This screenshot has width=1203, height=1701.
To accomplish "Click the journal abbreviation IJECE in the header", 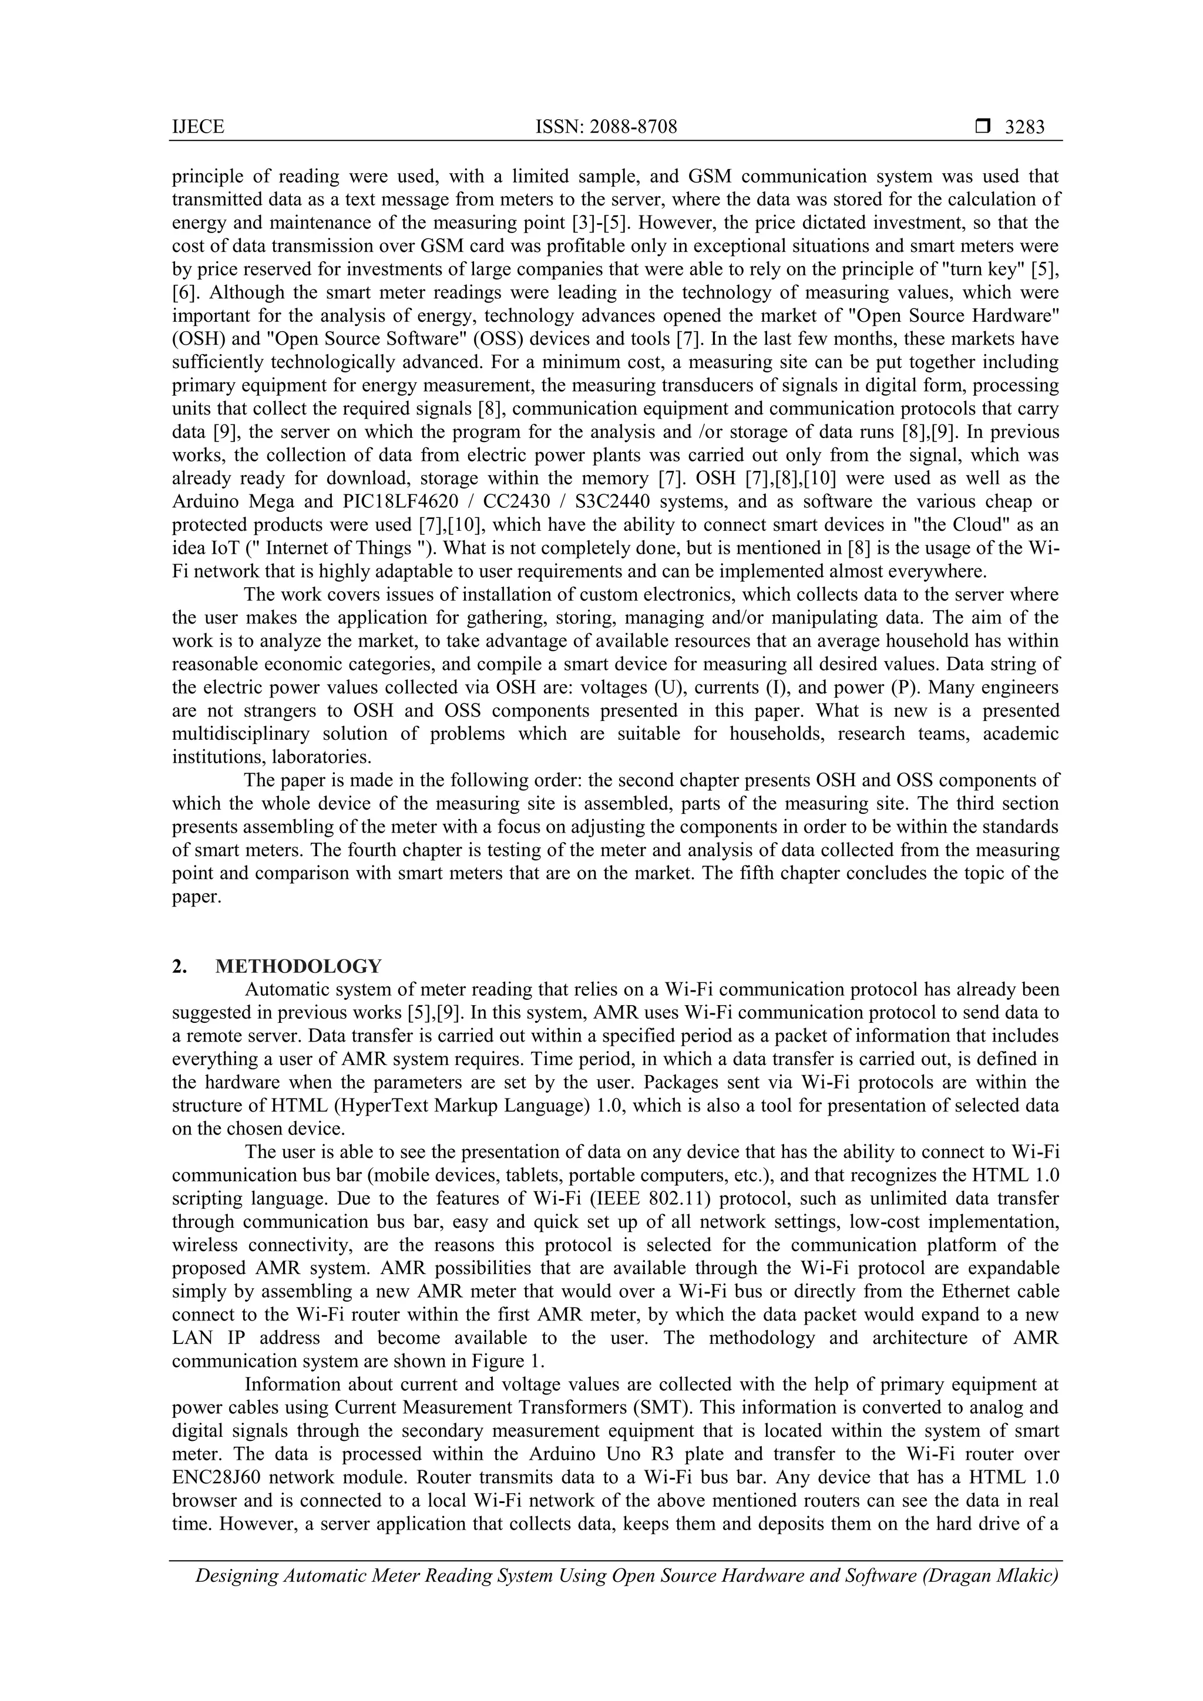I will coord(197,127).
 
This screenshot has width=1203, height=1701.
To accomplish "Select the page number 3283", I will coord(1024,127).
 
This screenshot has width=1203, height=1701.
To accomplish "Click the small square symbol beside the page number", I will coord(982,127).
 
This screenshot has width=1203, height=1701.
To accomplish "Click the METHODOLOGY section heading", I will coord(299,966).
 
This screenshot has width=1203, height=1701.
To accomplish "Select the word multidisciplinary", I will coord(240,733).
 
